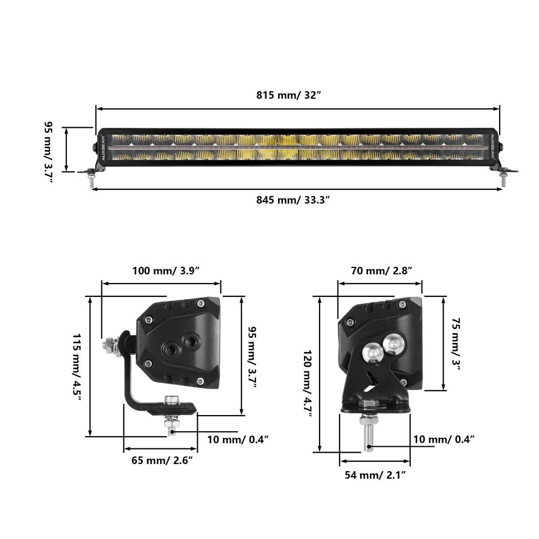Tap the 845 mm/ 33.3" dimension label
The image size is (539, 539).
tap(293, 200)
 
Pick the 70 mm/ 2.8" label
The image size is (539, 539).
tap(382, 271)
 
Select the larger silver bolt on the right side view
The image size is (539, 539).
tap(373, 353)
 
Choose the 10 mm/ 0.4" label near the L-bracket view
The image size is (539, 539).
tap(238, 439)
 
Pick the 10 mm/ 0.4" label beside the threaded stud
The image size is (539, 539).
tap(444, 439)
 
